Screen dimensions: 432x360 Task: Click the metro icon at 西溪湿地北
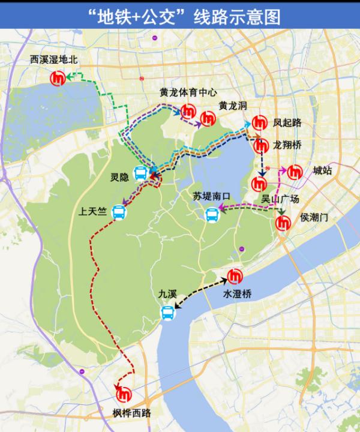tap(58, 78)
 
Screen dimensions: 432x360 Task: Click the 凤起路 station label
tap(287, 123)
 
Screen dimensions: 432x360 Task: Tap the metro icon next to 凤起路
tap(260, 122)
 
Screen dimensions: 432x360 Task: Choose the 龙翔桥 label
tap(287, 145)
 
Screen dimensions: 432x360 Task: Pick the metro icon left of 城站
tap(296, 172)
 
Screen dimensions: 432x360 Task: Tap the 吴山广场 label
tap(280, 199)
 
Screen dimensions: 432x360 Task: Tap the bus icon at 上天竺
tap(119, 212)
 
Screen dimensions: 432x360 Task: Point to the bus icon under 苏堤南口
tap(213, 214)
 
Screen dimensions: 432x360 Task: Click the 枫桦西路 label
tap(131, 413)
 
